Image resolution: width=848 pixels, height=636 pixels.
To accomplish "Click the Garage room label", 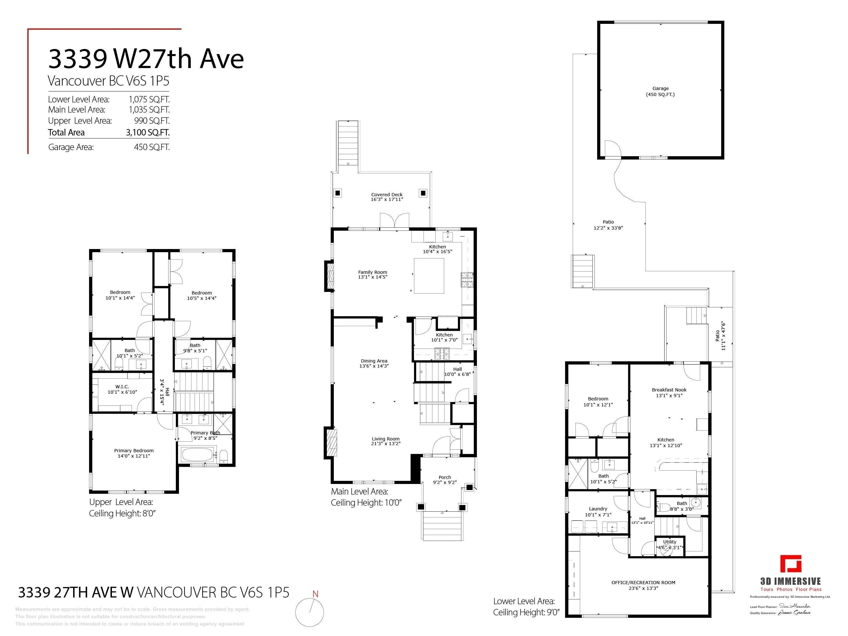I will pyautogui.click(x=660, y=88).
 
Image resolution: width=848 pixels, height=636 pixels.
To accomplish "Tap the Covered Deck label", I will pyautogui.click(x=387, y=195).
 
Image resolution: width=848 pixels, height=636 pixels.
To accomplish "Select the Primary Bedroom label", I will pyautogui.click(x=134, y=451).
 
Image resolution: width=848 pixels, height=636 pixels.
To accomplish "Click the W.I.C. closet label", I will pyautogui.click(x=122, y=387).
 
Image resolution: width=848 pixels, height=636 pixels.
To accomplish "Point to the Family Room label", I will pyautogui.click(x=373, y=272).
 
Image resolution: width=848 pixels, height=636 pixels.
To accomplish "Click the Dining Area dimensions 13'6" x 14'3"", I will pyautogui.click(x=374, y=366).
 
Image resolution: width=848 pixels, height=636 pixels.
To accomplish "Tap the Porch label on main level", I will pyautogui.click(x=445, y=477).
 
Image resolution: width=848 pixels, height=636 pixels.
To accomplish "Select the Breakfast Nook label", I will pyautogui.click(x=669, y=390).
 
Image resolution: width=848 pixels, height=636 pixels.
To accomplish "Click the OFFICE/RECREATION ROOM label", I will pyautogui.click(x=643, y=583).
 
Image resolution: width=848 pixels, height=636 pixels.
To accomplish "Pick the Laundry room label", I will pyautogui.click(x=598, y=509).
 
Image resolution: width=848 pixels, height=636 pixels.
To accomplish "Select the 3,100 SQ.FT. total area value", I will pyautogui.click(x=148, y=133).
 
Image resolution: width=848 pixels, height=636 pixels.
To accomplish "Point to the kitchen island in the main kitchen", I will pyautogui.click(x=429, y=276).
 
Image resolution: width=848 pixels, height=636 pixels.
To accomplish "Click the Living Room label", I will pyautogui.click(x=386, y=439).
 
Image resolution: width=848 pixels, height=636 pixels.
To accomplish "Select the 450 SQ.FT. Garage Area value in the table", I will pyautogui.click(x=152, y=147).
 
